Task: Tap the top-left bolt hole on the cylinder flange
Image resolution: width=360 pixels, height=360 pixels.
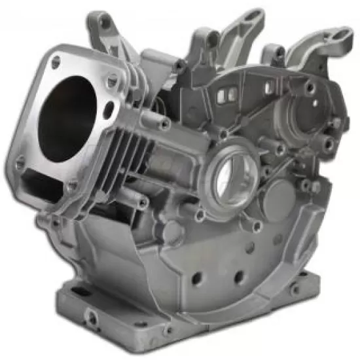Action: click(x=56, y=62)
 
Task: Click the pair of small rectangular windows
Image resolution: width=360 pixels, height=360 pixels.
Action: click(x=225, y=96)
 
